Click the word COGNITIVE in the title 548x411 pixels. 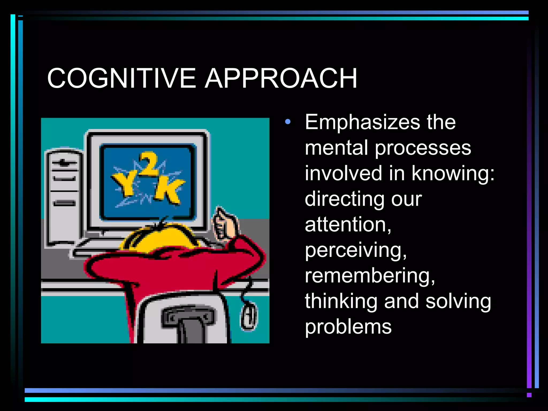tap(121, 78)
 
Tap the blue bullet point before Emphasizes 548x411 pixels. tap(288, 122)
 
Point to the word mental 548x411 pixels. tap(336, 148)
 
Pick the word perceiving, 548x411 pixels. tap(356, 250)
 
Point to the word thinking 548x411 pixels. tap(341, 301)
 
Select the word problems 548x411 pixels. tap(348, 327)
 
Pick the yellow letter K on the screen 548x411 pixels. tap(169, 190)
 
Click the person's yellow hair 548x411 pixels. tap(161, 237)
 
